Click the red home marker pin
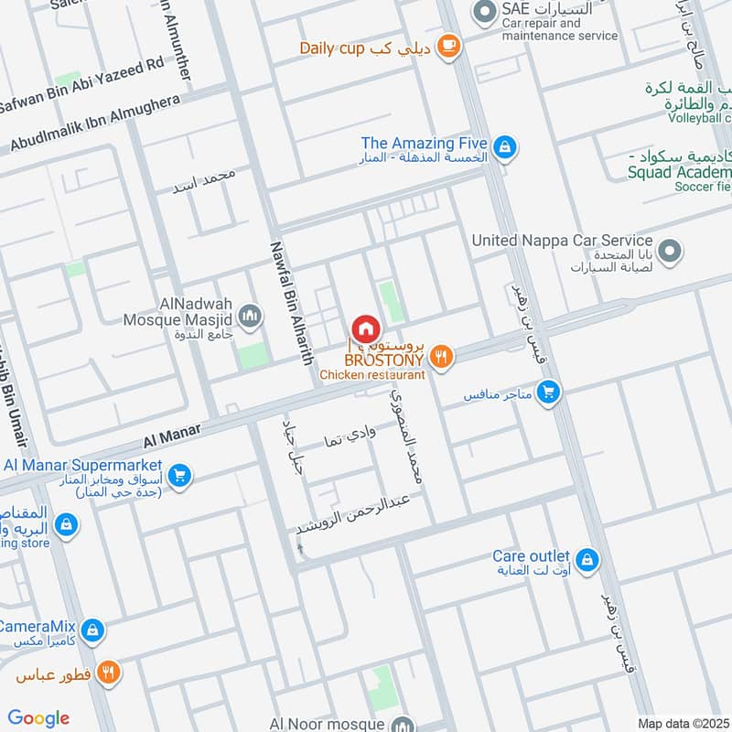[x=365, y=328]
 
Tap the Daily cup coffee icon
[x=447, y=47]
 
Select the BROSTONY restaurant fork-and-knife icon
[x=441, y=358]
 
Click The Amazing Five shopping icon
[x=503, y=146]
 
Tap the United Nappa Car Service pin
[x=671, y=251]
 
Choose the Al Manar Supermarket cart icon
[x=179, y=476]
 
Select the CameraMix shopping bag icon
[x=91, y=630]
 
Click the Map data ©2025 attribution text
[x=682, y=723]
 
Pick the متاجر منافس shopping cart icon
[x=548, y=393]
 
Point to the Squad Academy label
[x=680, y=172]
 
